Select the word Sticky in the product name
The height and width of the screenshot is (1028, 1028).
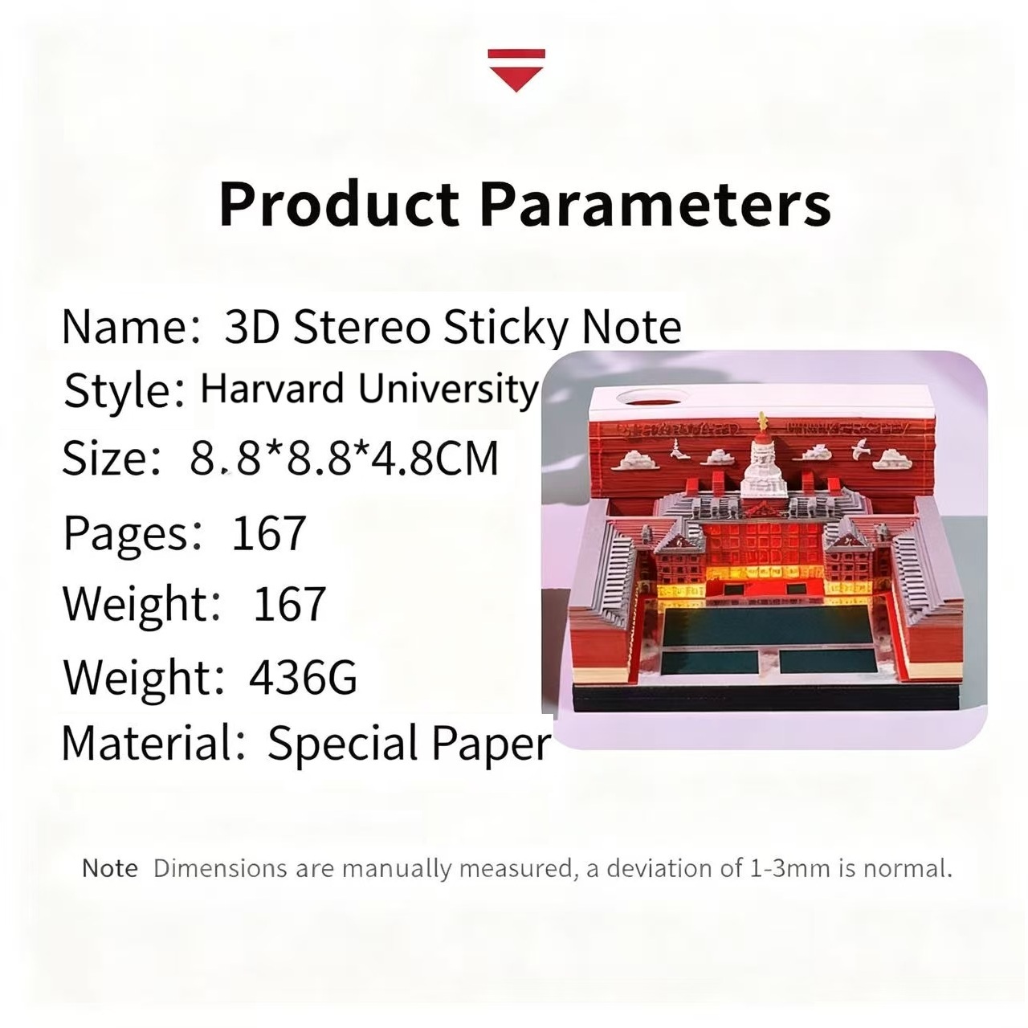point(506,327)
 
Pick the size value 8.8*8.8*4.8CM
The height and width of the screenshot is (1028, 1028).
point(345,459)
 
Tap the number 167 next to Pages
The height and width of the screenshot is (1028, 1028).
point(268,532)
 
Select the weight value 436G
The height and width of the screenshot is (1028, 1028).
point(303,677)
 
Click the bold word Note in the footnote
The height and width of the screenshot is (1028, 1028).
point(109,868)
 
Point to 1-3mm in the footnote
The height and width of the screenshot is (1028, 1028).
point(789,868)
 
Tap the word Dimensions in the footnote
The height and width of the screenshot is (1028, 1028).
point(219,868)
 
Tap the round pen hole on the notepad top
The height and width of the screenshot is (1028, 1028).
point(648,397)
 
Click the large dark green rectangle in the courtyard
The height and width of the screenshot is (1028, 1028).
point(769,626)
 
